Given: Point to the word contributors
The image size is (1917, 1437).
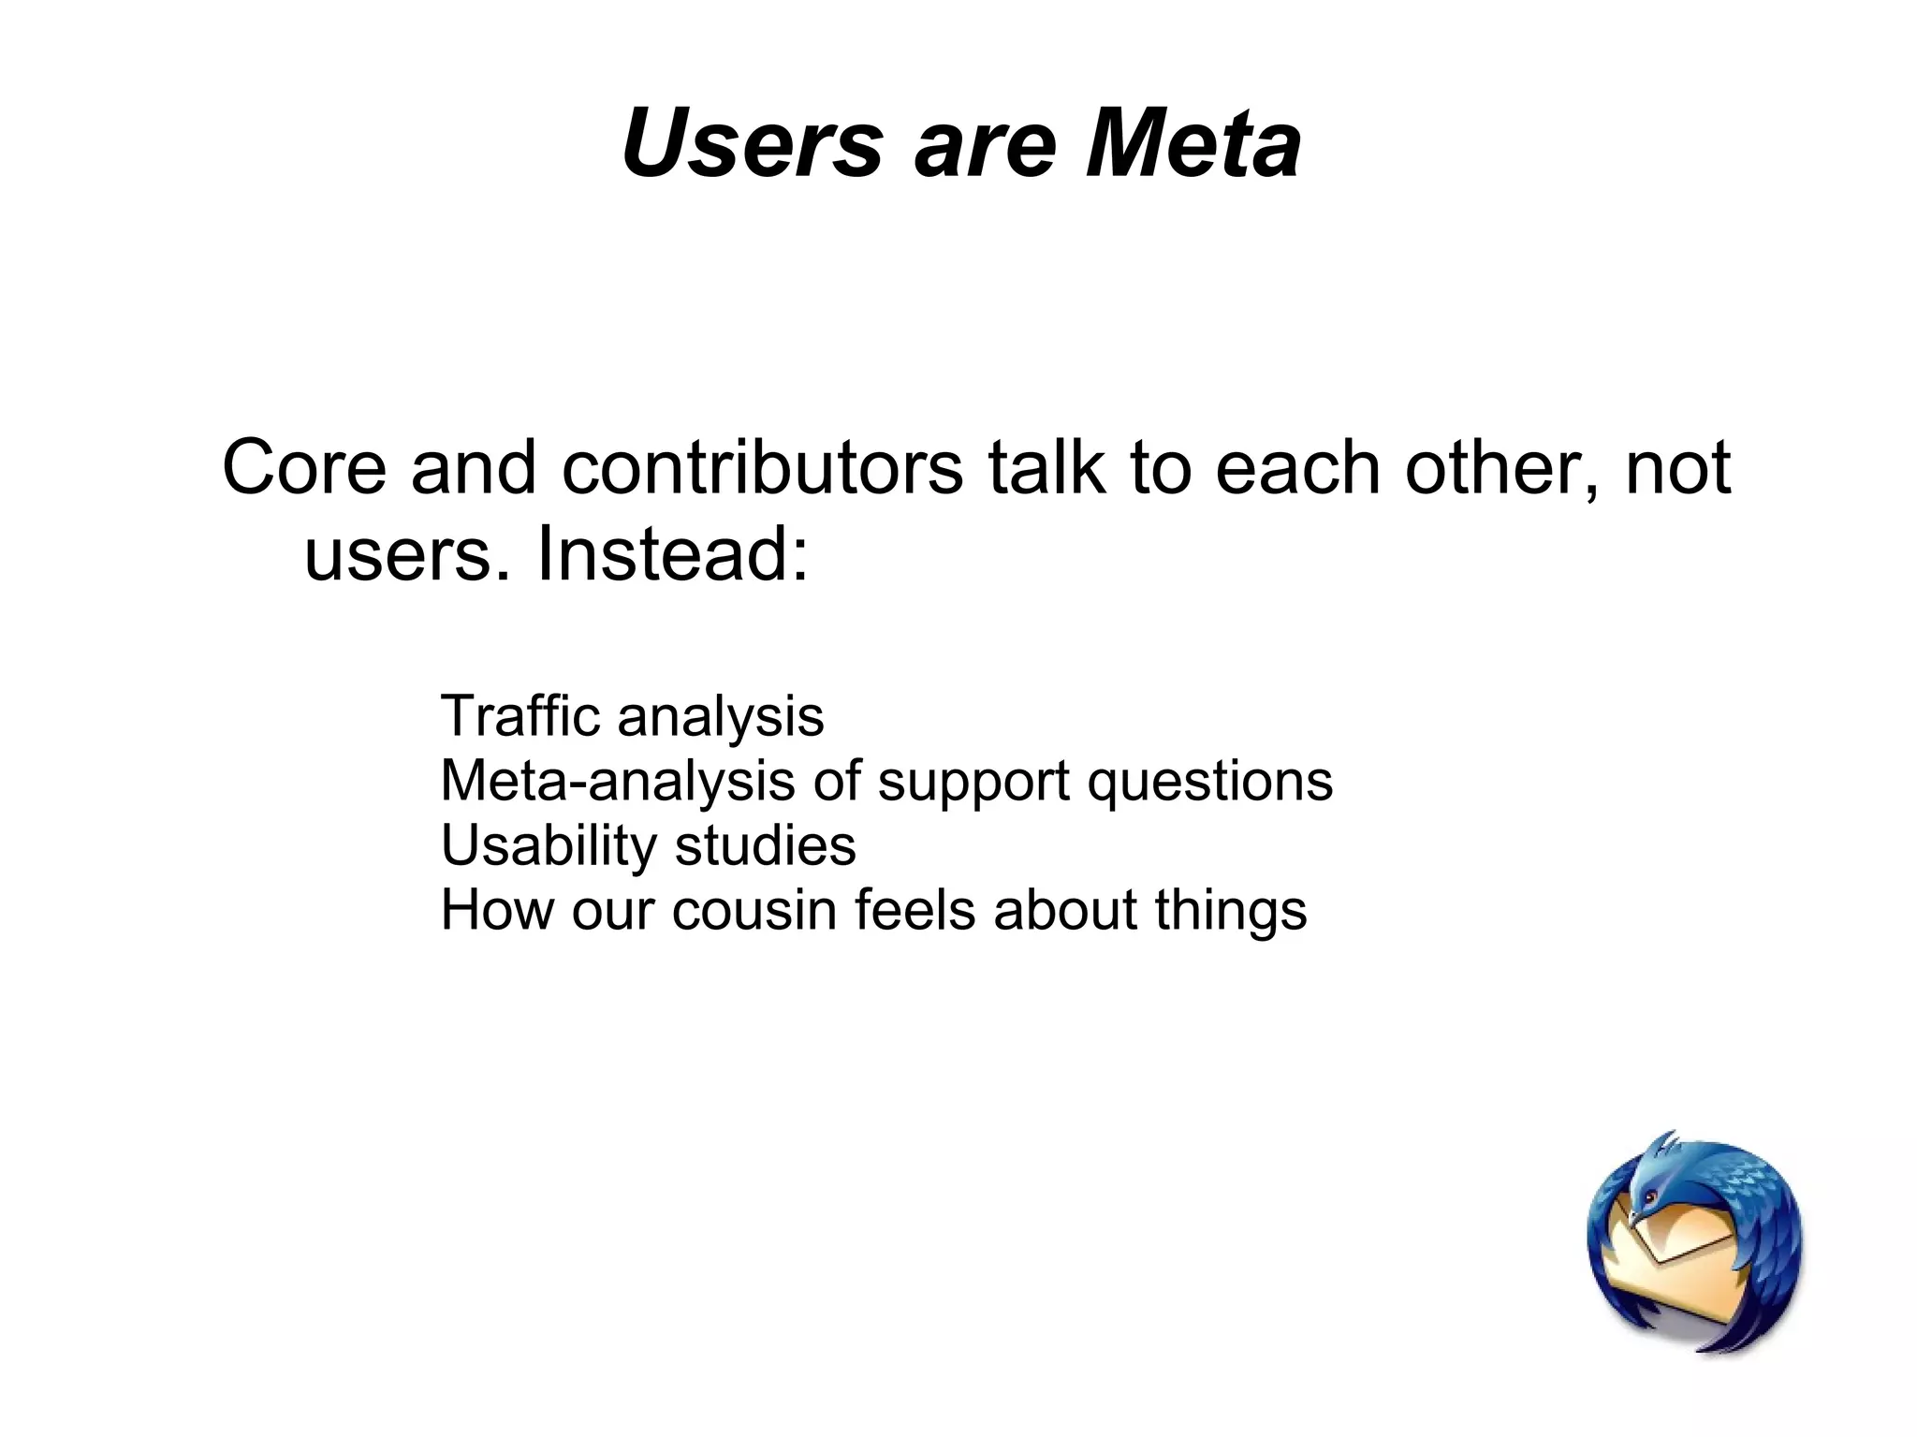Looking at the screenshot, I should (x=762, y=467).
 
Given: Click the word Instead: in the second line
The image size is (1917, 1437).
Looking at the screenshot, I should (x=671, y=553).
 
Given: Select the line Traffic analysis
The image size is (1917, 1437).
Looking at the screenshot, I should (x=632, y=716).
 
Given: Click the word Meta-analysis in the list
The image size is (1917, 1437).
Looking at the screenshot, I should (x=617, y=781).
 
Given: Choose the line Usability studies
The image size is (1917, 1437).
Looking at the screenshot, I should (x=648, y=845).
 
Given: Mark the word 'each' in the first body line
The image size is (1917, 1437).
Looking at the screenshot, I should (x=1297, y=467).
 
